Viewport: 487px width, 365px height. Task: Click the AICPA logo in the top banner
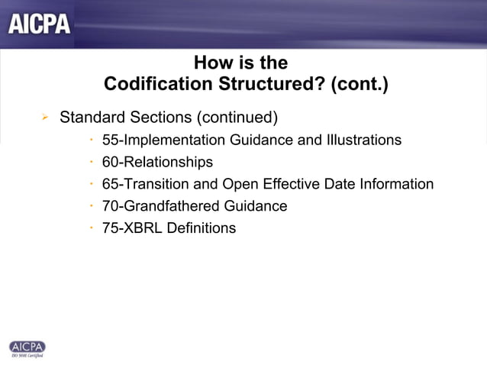(x=40, y=24)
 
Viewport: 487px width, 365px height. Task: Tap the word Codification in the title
(x=153, y=84)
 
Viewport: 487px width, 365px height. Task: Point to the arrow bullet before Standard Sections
(x=45, y=118)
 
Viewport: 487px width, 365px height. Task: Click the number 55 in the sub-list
(x=110, y=141)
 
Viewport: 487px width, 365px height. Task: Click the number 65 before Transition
(x=110, y=184)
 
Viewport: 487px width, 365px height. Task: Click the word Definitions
(x=202, y=228)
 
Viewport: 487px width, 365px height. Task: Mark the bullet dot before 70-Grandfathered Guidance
(x=91, y=206)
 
